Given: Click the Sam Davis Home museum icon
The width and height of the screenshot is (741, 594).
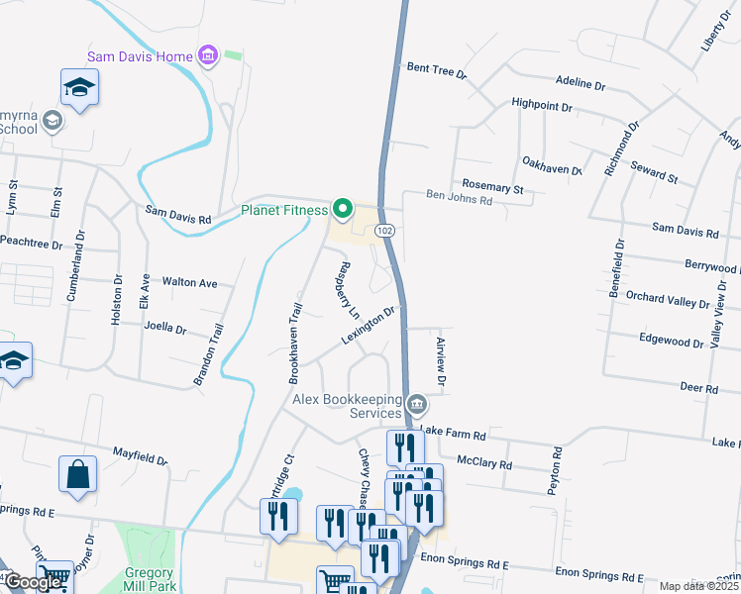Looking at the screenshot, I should (208, 54).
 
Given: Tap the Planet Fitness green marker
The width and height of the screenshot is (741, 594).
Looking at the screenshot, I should (343, 209).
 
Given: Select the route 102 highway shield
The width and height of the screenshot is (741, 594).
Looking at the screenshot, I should (385, 230).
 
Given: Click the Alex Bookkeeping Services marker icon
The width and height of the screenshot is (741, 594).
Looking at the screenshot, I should (417, 405).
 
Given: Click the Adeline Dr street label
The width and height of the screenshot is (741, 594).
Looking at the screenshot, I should (580, 84).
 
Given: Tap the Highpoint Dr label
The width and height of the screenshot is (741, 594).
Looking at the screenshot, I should (542, 103).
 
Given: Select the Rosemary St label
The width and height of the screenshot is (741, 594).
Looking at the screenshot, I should (492, 186).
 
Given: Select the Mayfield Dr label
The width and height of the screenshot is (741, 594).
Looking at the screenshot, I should (140, 455).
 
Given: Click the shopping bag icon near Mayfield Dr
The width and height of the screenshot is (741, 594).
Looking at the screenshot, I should (78, 474).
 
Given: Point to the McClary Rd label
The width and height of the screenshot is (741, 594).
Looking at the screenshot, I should (483, 463).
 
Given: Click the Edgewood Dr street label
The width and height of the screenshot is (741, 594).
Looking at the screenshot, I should (670, 341).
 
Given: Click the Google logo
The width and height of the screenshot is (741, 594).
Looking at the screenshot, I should (33, 582).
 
